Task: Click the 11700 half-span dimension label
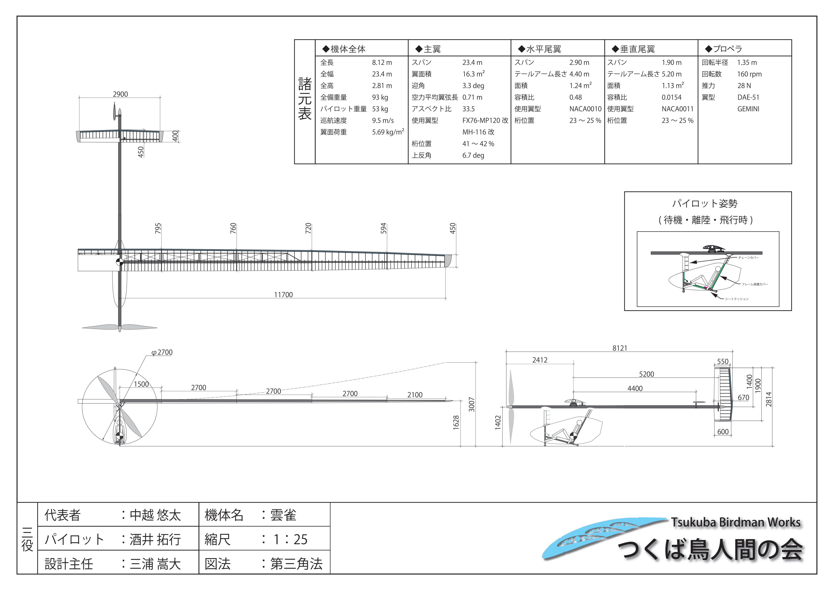point(283,295)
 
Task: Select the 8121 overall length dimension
point(620,348)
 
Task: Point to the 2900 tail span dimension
point(120,94)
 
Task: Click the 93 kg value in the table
point(380,97)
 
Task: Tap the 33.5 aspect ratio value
point(469,109)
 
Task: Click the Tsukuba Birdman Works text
point(736,522)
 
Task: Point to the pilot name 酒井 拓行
point(155,539)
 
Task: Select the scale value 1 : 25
point(290,539)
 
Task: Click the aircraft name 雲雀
point(283,515)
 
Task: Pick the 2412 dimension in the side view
point(540,360)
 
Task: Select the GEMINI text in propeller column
point(748,109)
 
